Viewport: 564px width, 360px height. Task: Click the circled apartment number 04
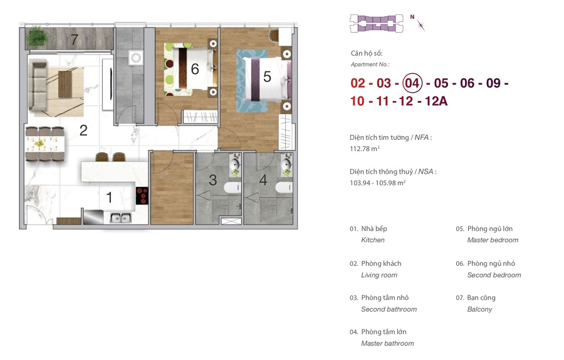point(412,83)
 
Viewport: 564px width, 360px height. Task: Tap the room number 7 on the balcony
point(74,40)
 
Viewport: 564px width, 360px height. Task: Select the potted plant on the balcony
point(37,37)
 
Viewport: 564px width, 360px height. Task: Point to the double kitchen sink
point(120,218)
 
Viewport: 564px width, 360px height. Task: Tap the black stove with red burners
point(142,196)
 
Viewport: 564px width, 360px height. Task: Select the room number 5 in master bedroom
point(267,77)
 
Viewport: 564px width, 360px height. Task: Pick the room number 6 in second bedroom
point(195,69)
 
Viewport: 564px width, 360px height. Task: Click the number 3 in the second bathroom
point(213,180)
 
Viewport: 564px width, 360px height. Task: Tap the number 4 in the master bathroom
point(263,180)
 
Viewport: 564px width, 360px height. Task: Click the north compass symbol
point(419,23)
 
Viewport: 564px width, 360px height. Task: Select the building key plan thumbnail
point(377,23)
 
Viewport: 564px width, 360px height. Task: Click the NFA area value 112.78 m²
point(365,149)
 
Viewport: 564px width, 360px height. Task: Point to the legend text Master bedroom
point(493,240)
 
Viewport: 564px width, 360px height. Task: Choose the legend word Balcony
point(479,309)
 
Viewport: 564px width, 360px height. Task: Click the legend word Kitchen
point(373,240)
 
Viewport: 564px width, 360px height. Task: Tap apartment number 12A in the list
point(436,101)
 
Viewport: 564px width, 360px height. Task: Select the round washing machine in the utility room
point(136,58)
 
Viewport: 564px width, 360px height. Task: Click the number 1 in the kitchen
point(109,198)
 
